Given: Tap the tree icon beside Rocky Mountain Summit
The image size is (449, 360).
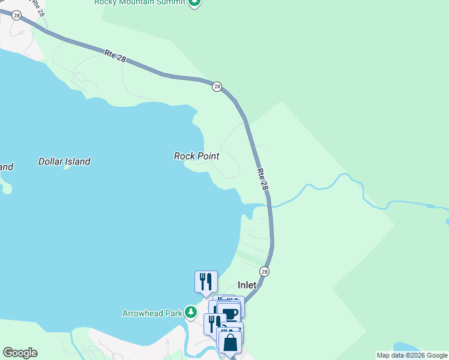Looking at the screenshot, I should tap(194, 2).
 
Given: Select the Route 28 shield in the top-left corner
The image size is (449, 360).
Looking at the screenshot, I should tap(17, 16).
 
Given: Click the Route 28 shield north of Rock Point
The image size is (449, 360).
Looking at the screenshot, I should tap(217, 86).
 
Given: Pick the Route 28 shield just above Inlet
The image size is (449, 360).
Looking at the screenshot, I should tap(265, 271).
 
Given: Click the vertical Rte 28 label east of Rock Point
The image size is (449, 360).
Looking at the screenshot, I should tap(262, 179).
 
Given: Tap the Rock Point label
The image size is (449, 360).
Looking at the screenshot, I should tap(196, 156).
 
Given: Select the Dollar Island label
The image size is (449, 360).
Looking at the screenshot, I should tap(64, 161).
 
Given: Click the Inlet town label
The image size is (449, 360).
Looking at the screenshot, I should tap(247, 286).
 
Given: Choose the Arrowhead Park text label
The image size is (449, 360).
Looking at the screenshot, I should tap(152, 313).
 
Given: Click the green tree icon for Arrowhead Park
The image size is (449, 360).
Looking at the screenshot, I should tap(191, 312).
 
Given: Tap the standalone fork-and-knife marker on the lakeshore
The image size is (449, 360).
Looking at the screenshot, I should tap(206, 281).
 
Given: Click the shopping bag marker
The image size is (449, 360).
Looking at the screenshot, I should tap(229, 342).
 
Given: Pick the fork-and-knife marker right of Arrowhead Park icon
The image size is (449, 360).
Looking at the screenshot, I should tap(212, 323).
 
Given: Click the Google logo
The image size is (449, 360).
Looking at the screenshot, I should tap(20, 353).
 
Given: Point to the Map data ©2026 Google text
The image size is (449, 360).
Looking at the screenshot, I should tap(412, 355).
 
